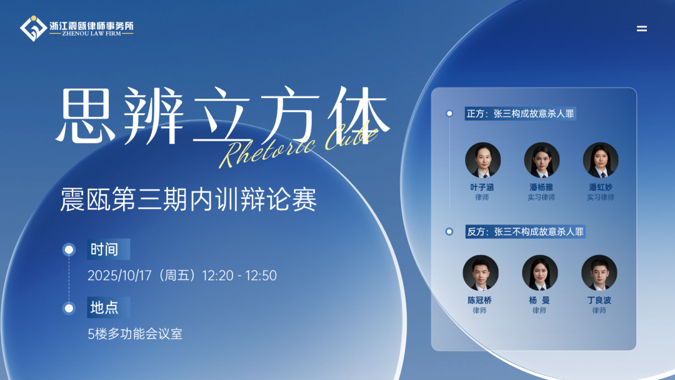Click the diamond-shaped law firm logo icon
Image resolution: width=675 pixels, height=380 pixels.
click(x=33, y=28)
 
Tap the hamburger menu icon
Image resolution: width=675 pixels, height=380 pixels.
click(x=642, y=28)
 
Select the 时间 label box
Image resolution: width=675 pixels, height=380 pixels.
click(x=109, y=249)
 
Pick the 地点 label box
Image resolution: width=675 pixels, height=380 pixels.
click(x=109, y=307)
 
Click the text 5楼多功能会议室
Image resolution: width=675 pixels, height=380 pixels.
click(x=135, y=334)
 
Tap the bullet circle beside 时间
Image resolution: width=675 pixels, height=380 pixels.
click(x=69, y=249)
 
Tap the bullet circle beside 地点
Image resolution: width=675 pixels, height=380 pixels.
click(x=69, y=308)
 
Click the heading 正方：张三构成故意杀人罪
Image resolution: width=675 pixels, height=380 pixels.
click(x=520, y=114)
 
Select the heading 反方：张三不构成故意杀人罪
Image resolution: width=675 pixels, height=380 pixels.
click(x=525, y=231)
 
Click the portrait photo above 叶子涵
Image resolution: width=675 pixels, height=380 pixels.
click(x=482, y=160)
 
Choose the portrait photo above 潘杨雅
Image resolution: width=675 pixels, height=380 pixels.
click(x=541, y=160)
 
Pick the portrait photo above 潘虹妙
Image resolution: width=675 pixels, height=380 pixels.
click(x=601, y=160)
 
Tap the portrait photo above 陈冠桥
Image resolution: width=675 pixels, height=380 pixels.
click(x=481, y=273)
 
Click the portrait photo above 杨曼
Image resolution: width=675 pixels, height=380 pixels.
click(x=540, y=273)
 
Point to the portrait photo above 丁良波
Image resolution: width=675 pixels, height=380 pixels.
click(x=599, y=273)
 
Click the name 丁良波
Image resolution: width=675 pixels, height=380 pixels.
click(x=599, y=300)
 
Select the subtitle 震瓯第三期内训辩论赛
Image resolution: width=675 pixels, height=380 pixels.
click(x=189, y=199)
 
